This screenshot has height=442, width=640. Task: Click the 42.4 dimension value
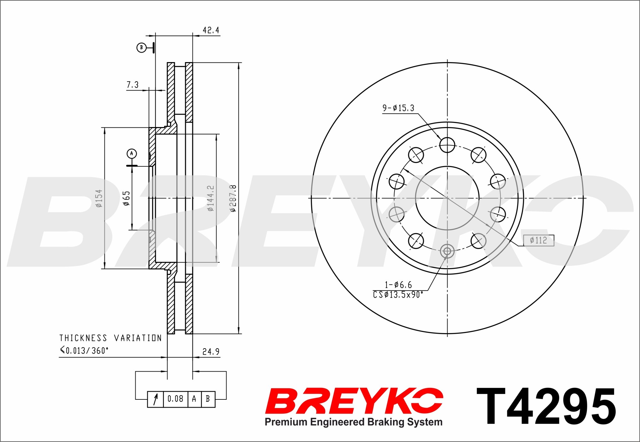(211, 30)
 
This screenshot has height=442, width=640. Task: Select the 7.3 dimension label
(132, 85)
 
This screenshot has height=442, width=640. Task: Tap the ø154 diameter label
(99, 198)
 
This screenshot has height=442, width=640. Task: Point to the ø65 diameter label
(127, 198)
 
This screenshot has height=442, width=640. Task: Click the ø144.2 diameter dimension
(210, 198)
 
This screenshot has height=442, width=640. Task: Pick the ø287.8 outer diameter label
(233, 198)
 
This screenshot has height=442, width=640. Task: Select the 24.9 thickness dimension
(211, 352)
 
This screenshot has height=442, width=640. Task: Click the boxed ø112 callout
(539, 240)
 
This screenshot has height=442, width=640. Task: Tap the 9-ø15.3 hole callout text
(398, 108)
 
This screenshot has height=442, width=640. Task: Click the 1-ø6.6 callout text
(398, 285)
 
